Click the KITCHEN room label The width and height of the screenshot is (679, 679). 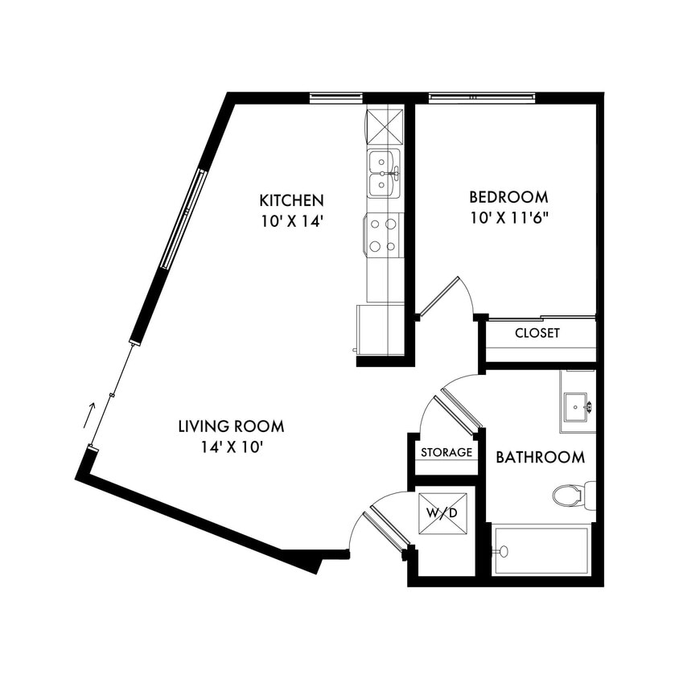(291, 200)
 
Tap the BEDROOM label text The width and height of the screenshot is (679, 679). (508, 196)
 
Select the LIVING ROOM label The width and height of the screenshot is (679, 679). (231, 426)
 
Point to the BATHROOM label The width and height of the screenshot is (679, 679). (540, 458)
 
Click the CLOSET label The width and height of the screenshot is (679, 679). (537, 333)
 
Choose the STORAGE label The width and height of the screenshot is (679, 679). (446, 453)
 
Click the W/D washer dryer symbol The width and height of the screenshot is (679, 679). (442, 512)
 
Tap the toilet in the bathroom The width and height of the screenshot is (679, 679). (572, 495)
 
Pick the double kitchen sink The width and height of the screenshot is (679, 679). (384, 174)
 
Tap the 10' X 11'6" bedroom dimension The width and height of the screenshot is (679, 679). (508, 218)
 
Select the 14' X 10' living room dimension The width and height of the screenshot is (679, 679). (231, 447)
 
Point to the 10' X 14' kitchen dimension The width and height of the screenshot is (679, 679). (291, 221)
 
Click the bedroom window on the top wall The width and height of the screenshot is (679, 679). (481, 98)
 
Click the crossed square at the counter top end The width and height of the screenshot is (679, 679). (384, 125)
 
